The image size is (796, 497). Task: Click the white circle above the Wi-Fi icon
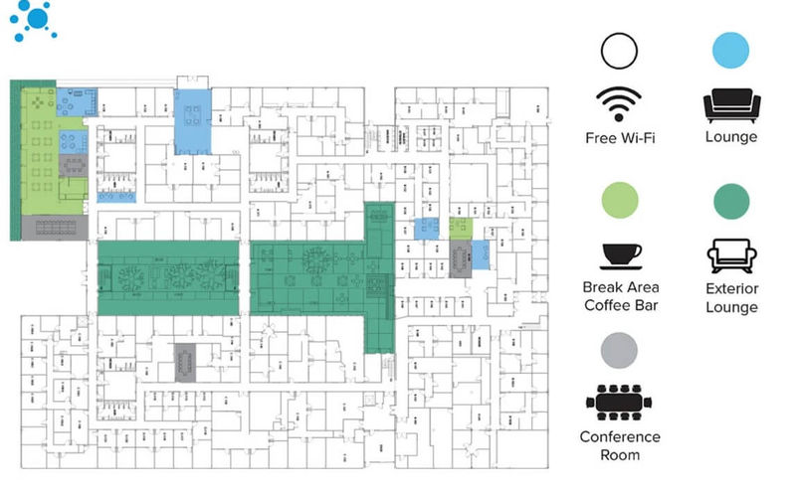[x=619, y=51]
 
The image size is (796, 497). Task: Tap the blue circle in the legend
[x=731, y=51]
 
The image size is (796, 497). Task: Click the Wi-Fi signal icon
[x=619, y=103]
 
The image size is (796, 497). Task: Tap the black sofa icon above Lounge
[x=731, y=104]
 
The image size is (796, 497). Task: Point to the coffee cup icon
[x=619, y=255]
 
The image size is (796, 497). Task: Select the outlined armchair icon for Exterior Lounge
[x=731, y=255]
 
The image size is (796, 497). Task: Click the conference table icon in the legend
[x=619, y=400]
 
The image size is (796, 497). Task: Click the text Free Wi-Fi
[x=619, y=137]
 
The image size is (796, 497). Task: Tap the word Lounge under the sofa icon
[x=731, y=137]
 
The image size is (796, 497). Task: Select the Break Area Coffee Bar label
[x=619, y=296]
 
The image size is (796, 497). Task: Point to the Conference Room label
[x=619, y=445]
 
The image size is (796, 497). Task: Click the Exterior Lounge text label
[x=731, y=297]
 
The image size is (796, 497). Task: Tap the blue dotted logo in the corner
[x=35, y=20]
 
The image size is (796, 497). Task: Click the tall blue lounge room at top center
[x=193, y=121]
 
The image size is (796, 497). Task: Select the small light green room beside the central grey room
[x=458, y=226]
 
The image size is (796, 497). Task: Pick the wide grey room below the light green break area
[x=55, y=229]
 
